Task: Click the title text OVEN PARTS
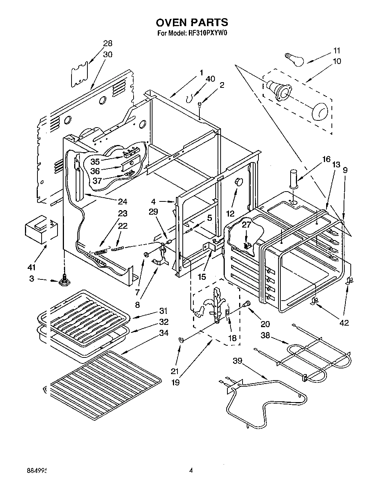(x=192, y=22)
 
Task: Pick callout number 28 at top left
(x=108, y=43)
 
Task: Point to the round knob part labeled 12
(x=239, y=182)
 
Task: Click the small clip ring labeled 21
(x=181, y=340)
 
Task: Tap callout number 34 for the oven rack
(x=164, y=333)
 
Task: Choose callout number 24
(x=122, y=201)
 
